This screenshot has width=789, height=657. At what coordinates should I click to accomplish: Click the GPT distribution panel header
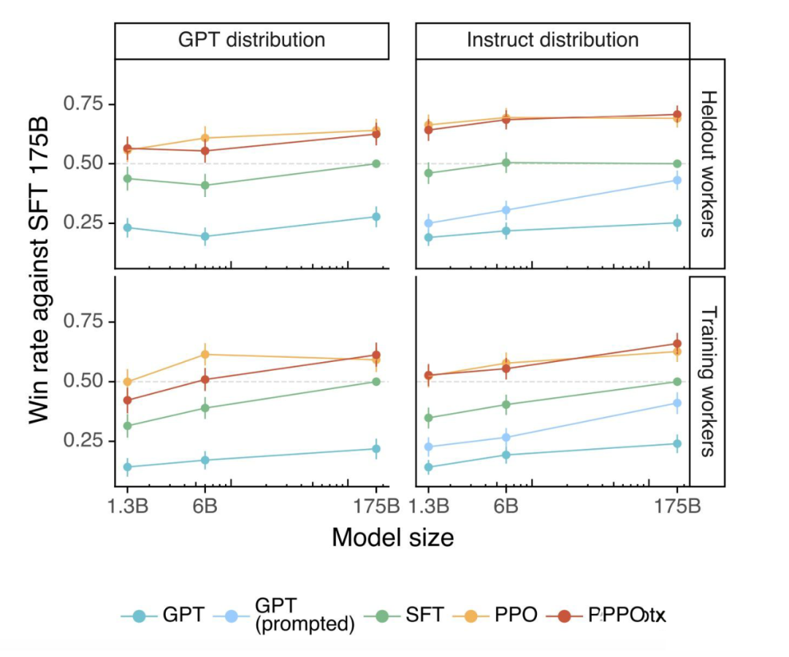pyautogui.click(x=251, y=39)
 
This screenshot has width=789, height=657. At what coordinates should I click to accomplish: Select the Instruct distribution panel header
pyautogui.click(x=553, y=39)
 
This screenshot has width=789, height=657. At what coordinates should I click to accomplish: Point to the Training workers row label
pyautogui.click(x=706, y=381)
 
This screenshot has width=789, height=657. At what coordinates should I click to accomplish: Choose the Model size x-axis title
pyautogui.click(x=392, y=537)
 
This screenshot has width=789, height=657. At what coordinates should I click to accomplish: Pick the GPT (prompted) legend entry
pyautogui.click(x=304, y=615)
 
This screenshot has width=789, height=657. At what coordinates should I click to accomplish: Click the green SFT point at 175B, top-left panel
pyautogui.click(x=376, y=164)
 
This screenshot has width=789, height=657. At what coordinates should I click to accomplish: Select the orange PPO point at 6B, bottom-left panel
pyautogui.click(x=205, y=354)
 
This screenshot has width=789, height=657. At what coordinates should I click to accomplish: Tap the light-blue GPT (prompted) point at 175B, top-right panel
pyautogui.click(x=677, y=180)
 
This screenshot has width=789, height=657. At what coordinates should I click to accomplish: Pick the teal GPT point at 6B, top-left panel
pyautogui.click(x=205, y=237)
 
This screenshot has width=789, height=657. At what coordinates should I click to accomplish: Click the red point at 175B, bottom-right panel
pyautogui.click(x=677, y=343)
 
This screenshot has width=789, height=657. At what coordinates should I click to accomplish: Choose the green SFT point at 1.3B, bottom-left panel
pyautogui.click(x=127, y=426)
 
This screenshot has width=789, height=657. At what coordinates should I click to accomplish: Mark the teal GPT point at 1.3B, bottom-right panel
pyautogui.click(x=429, y=467)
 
